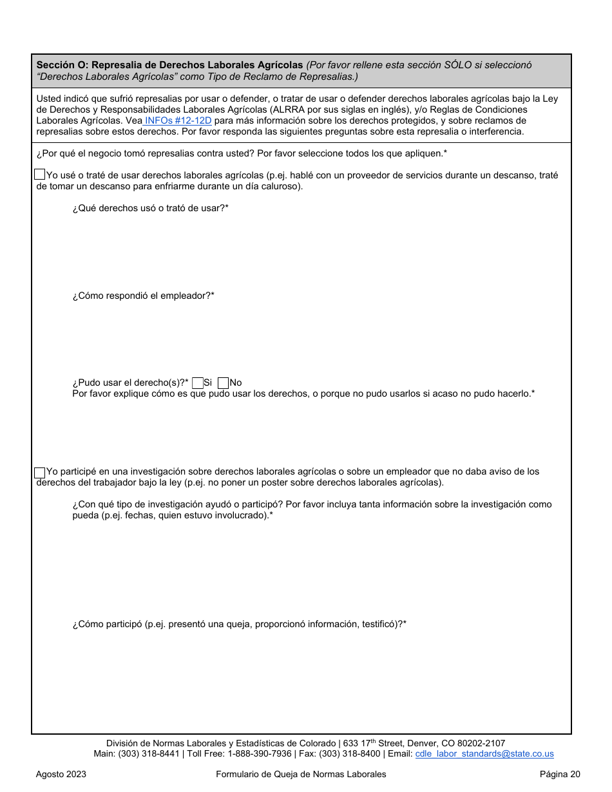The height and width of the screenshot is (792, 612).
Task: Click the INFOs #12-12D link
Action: [x=178, y=120]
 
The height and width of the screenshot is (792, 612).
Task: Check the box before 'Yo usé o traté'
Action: [x=40, y=174]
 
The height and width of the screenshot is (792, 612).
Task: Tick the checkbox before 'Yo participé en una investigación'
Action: [x=40, y=472]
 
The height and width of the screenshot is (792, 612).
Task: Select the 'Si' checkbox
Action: [x=198, y=382]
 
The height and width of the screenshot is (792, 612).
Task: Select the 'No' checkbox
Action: [x=224, y=382]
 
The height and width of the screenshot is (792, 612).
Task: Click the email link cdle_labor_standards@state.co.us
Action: [x=484, y=753]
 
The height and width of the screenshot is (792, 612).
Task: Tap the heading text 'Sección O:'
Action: [x=62, y=65]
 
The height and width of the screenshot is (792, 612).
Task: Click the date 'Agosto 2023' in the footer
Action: [x=61, y=774]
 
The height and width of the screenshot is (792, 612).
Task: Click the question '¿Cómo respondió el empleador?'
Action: [x=143, y=296]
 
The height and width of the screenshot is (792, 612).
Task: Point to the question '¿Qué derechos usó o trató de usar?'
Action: [x=150, y=208]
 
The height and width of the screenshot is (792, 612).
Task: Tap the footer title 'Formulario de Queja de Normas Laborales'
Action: [x=301, y=774]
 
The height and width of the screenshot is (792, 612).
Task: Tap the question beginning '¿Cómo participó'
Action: [x=239, y=624]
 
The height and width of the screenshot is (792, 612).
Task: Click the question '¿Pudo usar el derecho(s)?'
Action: [x=130, y=382]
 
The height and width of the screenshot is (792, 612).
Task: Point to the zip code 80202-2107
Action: [x=481, y=743]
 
